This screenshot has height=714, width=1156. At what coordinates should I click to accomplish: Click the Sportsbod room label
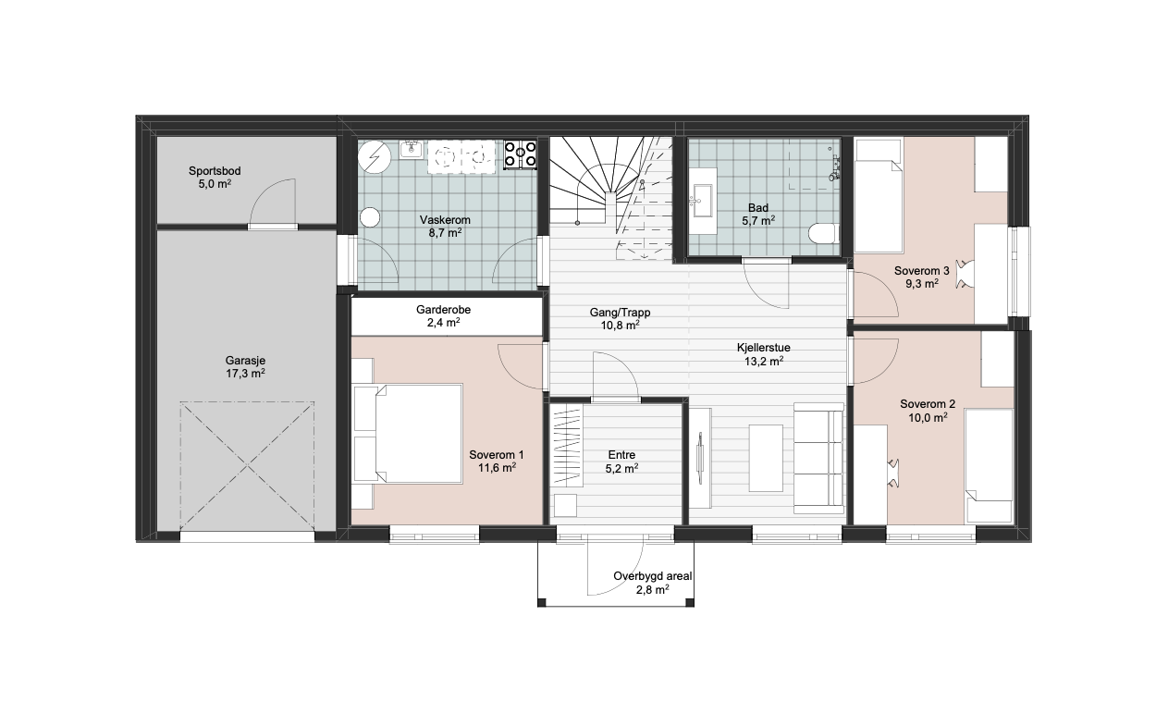click(215, 171)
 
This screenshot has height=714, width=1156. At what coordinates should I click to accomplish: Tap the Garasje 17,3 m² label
click(245, 367)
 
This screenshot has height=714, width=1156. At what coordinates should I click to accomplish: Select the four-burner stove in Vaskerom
click(520, 154)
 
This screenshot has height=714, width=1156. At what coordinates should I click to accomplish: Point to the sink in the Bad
click(703, 201)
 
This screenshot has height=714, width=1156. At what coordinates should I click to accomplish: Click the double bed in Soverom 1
click(408, 434)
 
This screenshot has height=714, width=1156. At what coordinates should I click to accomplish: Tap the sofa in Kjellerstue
click(818, 459)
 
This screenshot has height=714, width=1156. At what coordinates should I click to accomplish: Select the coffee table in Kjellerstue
click(766, 458)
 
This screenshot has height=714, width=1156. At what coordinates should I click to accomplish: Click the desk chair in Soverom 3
click(965, 274)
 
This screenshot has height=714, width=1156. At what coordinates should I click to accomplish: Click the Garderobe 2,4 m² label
click(443, 316)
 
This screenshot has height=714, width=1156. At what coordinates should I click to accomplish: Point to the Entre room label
click(621, 455)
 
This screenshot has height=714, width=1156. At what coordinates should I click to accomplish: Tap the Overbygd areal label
click(652, 576)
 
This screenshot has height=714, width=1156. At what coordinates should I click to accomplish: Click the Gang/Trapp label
click(620, 313)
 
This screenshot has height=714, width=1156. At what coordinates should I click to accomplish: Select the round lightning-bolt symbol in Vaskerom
click(375, 156)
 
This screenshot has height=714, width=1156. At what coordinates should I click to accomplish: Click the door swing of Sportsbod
click(274, 202)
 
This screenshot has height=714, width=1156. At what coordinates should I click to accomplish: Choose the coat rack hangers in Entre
click(567, 446)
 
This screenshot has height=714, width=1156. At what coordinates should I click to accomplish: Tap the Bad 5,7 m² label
click(758, 215)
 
